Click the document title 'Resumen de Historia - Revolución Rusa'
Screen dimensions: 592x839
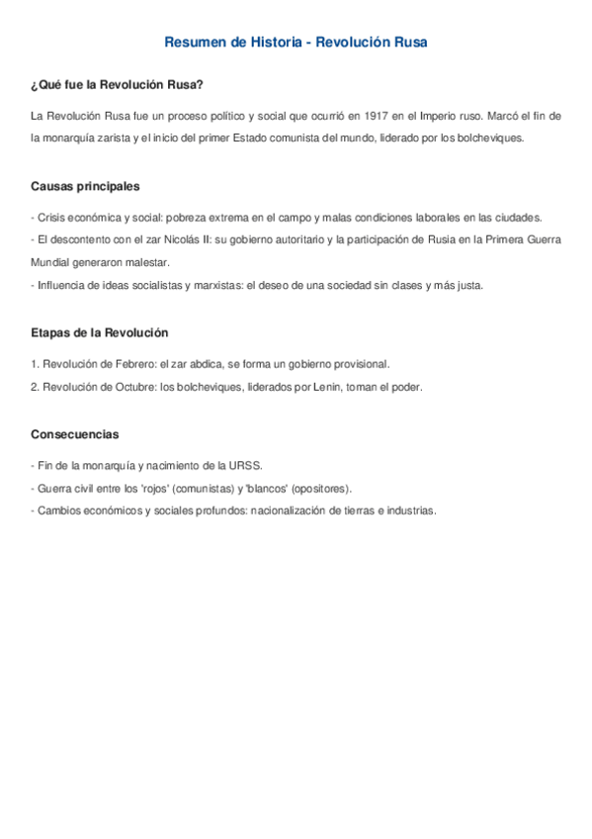[296, 43]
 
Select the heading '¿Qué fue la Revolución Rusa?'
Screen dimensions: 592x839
[117, 85]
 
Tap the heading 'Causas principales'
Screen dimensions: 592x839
[85, 186]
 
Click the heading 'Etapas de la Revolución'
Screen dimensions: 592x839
[100, 332]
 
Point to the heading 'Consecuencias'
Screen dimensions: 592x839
[75, 433]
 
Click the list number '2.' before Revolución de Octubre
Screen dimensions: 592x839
[36, 387]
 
